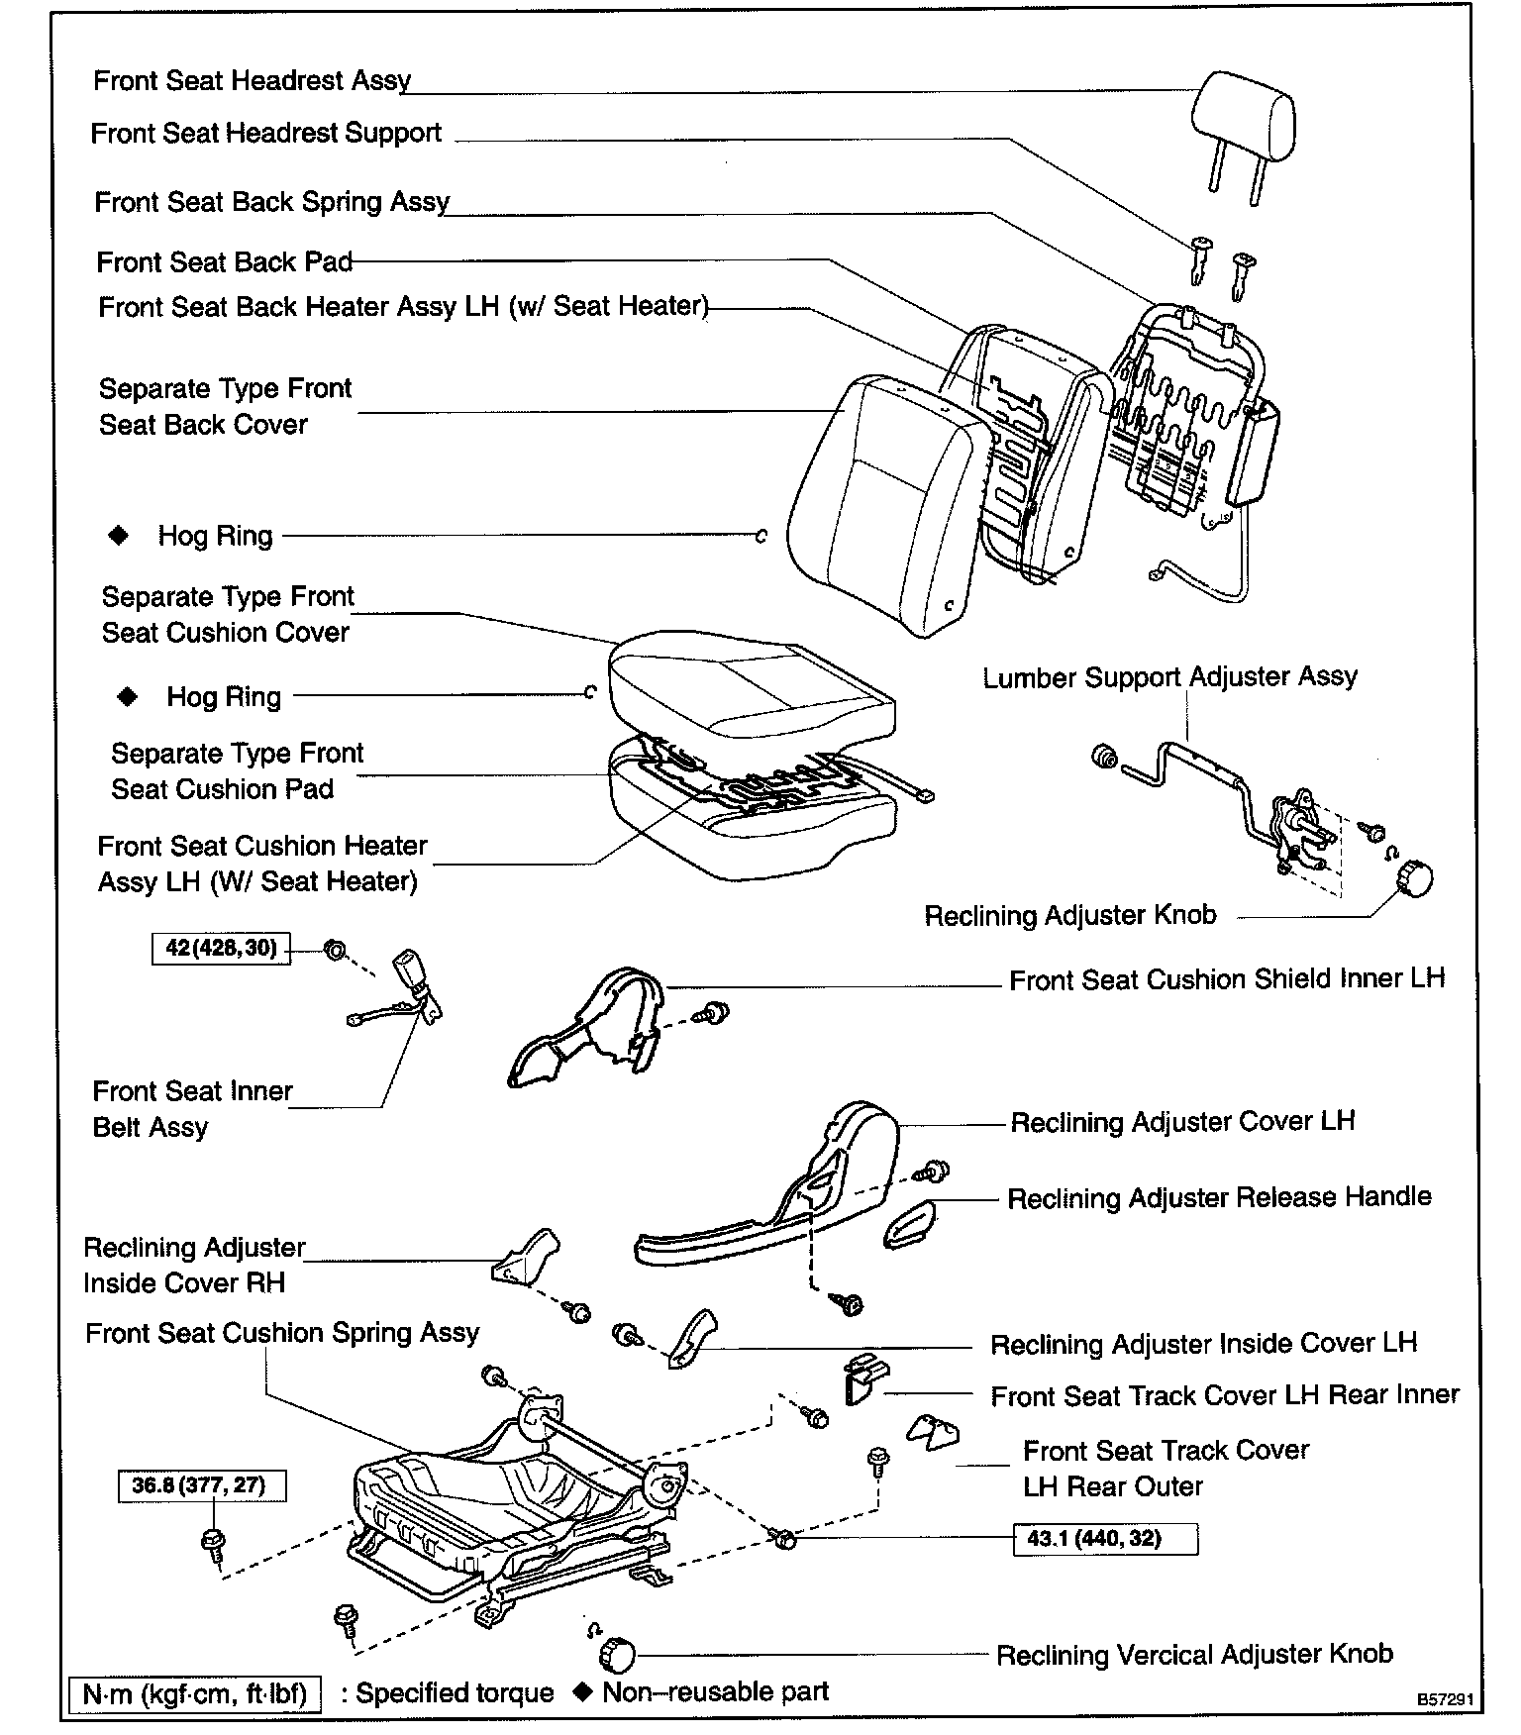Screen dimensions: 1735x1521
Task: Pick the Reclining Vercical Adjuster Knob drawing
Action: click(x=616, y=1654)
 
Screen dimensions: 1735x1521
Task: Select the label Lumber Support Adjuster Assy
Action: click(x=1169, y=677)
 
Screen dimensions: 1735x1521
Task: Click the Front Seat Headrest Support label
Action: click(x=265, y=134)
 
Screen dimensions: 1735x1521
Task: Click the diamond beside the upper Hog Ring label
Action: click(x=119, y=536)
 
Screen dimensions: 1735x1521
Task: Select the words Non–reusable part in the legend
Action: click(x=715, y=1691)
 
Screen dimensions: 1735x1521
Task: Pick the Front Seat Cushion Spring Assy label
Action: click(x=282, y=1333)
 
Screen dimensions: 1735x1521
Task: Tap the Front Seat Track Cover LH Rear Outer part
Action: click(x=934, y=1432)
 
